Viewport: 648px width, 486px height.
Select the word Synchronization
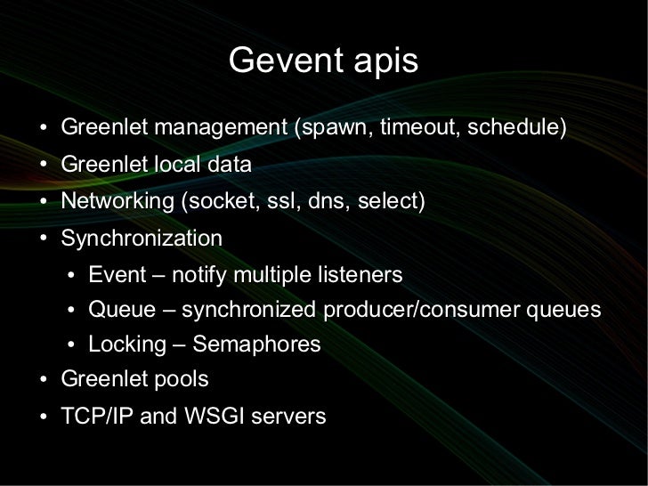pos(142,239)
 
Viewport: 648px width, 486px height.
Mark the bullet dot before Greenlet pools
pos(45,381)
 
